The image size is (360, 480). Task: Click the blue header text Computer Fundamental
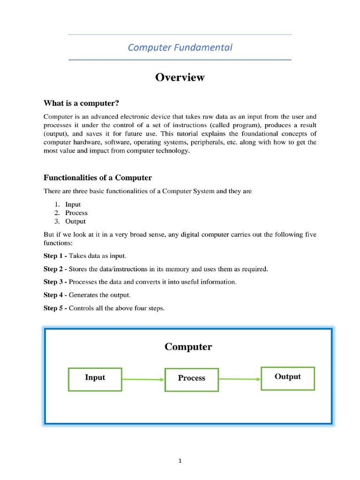[180, 47]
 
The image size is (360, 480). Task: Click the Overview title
[180, 77]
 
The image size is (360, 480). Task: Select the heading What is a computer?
[84, 103]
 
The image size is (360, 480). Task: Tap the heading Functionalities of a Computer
[97, 178]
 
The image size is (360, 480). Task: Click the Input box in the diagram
[95, 379]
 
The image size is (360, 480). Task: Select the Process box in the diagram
[192, 380]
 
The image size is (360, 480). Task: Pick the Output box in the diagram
[288, 378]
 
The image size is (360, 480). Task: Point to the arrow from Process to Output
[240, 379]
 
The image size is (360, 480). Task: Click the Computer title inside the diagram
[188, 347]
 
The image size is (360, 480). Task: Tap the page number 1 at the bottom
[180, 461]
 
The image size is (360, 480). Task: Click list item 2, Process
[76, 213]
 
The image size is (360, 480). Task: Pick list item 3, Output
[75, 221]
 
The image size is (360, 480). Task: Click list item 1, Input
[73, 204]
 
